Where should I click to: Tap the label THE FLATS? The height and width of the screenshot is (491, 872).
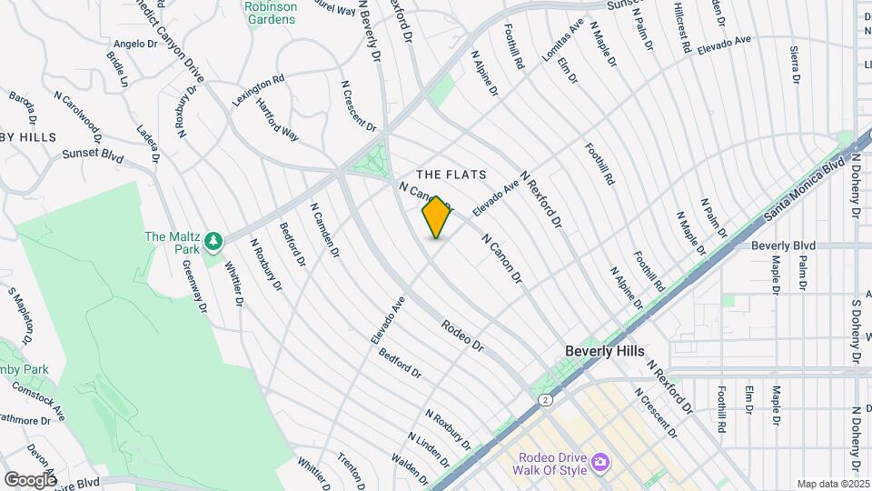click(451, 174)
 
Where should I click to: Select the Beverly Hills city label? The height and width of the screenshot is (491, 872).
click(604, 351)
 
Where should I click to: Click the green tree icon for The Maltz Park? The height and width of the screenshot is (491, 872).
click(213, 241)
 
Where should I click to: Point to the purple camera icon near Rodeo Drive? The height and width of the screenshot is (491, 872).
click(599, 464)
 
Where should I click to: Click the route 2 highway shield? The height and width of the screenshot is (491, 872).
click(544, 399)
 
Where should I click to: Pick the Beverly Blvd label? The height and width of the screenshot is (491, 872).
click(784, 245)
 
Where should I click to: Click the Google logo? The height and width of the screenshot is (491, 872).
click(29, 480)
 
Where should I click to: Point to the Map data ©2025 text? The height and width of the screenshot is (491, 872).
click(833, 484)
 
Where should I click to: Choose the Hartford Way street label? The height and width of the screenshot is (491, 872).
click(277, 120)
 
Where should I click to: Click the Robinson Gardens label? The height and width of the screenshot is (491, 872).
click(272, 12)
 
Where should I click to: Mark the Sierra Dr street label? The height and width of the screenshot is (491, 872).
click(795, 65)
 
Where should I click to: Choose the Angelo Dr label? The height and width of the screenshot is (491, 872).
click(130, 43)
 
